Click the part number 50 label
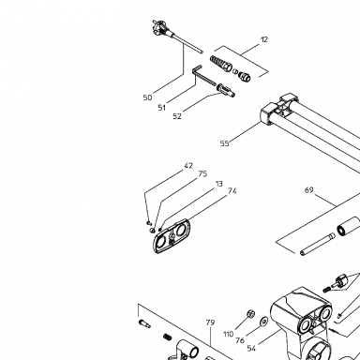click(147, 97)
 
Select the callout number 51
click(161, 108)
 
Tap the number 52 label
click(177, 116)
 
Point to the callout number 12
click(264, 39)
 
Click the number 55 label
click(224, 143)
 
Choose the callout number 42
click(188, 166)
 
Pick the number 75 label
click(202, 173)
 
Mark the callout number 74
click(232, 190)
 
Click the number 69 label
click(308, 190)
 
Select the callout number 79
click(210, 322)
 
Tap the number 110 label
click(229, 334)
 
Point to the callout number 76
click(240, 340)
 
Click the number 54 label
click(251, 348)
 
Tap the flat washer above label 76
click(264, 321)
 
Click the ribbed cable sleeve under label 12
click(221, 63)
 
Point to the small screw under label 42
click(149, 223)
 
